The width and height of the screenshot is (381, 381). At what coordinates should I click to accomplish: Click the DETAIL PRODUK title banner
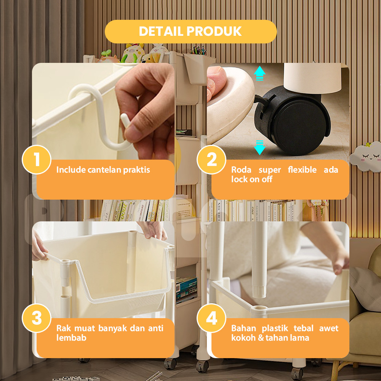191,32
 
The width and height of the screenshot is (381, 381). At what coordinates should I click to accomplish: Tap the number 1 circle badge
37,160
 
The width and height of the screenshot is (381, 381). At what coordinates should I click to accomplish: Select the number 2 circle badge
211,160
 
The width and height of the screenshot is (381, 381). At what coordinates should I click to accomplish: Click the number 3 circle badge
37,318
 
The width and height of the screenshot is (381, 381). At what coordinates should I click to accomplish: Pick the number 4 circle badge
211,318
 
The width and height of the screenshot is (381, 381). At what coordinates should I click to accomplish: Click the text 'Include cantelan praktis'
103,170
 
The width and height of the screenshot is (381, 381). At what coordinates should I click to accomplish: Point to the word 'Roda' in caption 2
241,170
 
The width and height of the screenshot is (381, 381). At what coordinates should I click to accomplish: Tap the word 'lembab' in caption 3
71,338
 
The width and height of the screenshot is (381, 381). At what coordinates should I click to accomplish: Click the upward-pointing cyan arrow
259,73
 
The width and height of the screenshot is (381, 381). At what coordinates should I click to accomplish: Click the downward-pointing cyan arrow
259,147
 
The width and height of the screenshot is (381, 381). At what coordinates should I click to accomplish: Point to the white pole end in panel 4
259,291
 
